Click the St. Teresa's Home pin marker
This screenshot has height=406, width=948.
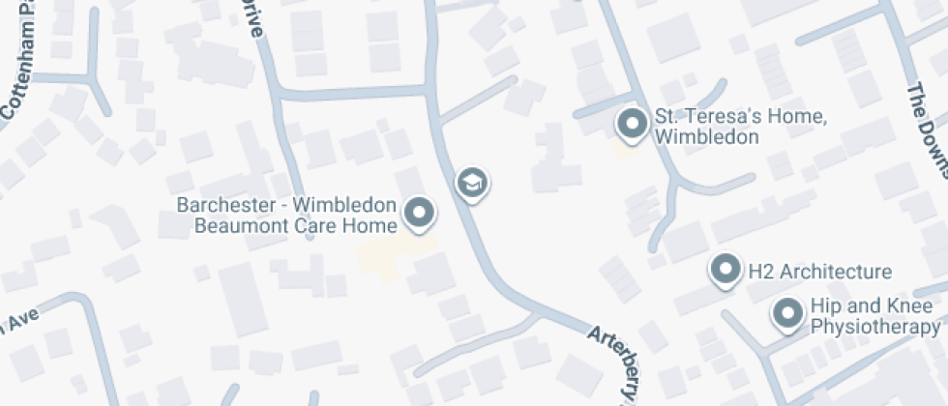click(632, 125)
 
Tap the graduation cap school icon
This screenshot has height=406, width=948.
click(471, 182)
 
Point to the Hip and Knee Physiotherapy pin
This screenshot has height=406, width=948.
click(788, 313)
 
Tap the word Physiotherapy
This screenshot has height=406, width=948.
click(874, 328)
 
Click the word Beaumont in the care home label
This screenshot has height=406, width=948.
click(235, 226)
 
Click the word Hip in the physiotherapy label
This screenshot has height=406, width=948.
click(824, 305)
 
